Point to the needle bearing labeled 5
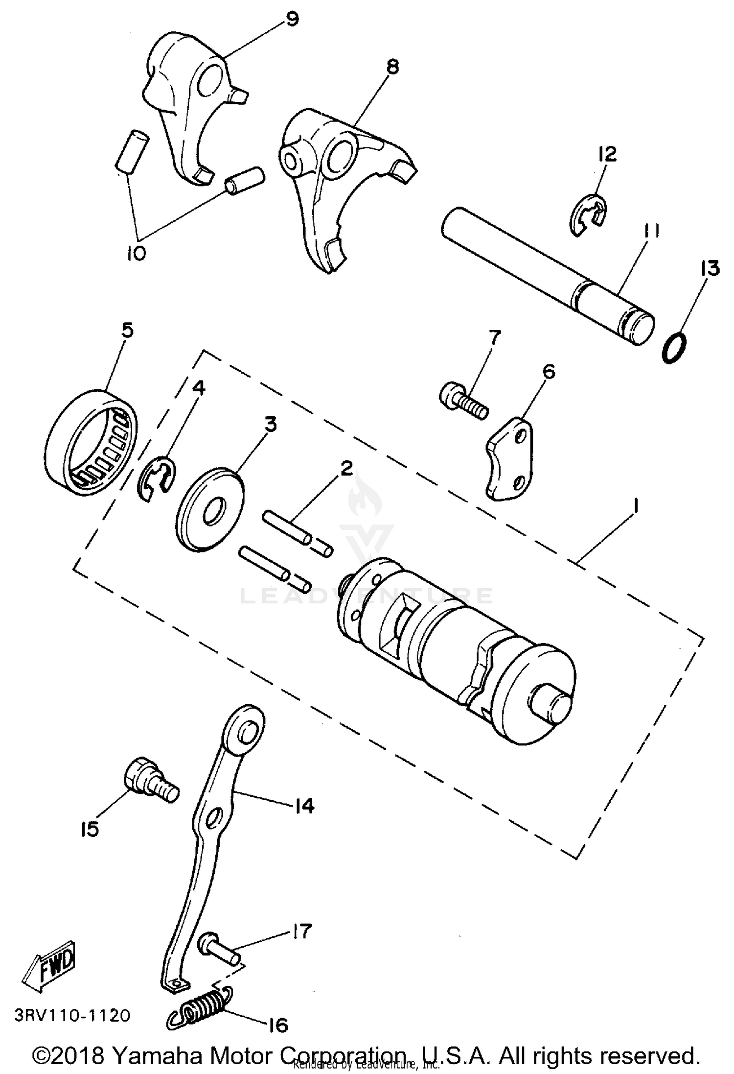point(93,442)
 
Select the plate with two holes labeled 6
point(509,458)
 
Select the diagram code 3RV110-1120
point(72,1015)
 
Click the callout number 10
point(136,253)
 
